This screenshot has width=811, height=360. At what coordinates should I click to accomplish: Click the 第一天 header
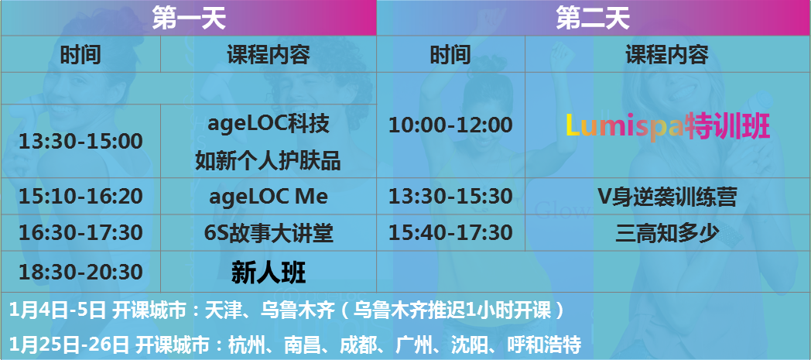tap(189, 19)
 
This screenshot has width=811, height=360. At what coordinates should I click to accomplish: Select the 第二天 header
tap(593, 19)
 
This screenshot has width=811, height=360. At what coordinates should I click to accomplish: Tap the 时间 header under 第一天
tap(80, 54)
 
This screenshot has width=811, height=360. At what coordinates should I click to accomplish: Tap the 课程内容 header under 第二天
tap(667, 54)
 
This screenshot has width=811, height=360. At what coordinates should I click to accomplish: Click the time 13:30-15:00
tap(80, 141)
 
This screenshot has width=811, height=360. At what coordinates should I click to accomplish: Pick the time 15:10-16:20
tap(80, 196)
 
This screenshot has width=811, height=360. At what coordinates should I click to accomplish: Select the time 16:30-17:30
tap(80, 233)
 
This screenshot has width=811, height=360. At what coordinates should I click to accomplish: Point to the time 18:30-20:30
tap(80, 272)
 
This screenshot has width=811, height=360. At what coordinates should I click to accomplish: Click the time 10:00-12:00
tap(450, 125)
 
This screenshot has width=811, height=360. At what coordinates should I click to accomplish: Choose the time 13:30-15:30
tap(450, 196)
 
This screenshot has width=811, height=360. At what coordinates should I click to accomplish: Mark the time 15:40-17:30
tap(450, 233)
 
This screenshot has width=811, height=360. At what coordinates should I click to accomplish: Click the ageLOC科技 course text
tap(269, 124)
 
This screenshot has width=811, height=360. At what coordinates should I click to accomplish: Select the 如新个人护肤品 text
tap(268, 162)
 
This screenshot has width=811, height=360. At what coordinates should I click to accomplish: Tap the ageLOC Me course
tap(269, 197)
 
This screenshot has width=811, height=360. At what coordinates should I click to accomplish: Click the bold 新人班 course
tap(269, 273)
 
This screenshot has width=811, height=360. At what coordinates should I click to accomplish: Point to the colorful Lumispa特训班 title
tap(668, 125)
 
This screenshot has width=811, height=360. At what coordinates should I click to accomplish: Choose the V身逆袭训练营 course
tap(667, 197)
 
